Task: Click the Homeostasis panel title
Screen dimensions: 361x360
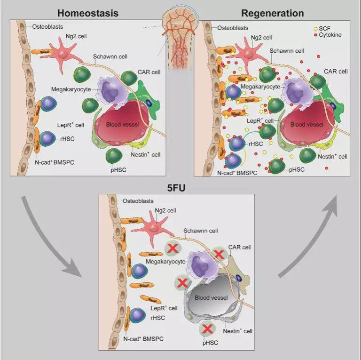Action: pos(88,13)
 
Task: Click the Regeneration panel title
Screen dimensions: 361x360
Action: pos(273,13)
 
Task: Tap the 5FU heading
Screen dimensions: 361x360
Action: pos(176,188)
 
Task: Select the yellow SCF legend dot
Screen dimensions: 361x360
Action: pos(316,29)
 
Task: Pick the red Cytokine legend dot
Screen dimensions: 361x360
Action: pos(316,35)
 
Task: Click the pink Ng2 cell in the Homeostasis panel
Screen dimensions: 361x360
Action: pos(63,56)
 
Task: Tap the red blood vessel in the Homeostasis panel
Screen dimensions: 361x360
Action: pos(122,123)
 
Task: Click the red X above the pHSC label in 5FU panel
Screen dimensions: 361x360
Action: pos(208,329)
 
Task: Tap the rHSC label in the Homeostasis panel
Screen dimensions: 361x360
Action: pos(67,139)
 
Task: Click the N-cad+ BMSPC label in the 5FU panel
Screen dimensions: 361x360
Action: pos(143,339)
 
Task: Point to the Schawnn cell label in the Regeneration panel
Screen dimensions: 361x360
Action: pos(287,51)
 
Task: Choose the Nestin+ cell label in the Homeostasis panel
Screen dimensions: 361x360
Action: pos(146,154)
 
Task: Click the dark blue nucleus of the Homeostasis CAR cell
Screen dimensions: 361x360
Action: pos(149,103)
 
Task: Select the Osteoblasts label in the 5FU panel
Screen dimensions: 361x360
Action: pos(138,201)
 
